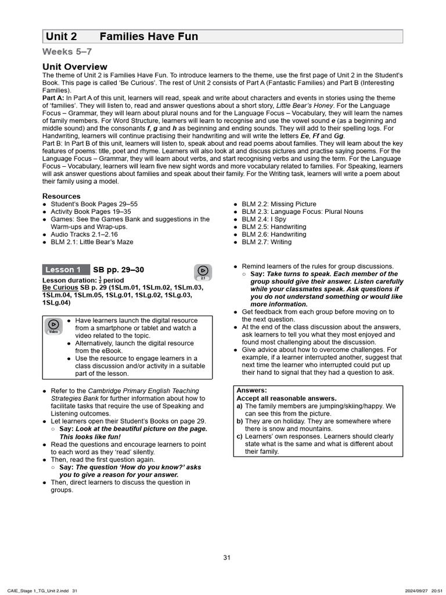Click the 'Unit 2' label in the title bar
tap(61, 37)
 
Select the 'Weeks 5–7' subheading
tap(67, 52)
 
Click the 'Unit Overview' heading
tap(75, 67)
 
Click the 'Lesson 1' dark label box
tap(63, 270)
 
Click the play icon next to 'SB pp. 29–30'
tap(203, 271)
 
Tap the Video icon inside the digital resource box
tap(53, 325)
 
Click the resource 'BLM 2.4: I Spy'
tap(264, 219)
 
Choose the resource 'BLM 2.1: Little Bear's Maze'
tap(92, 242)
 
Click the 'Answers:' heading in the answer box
tap(252, 390)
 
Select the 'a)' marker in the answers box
tap(240, 406)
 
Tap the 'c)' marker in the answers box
tap(240, 436)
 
